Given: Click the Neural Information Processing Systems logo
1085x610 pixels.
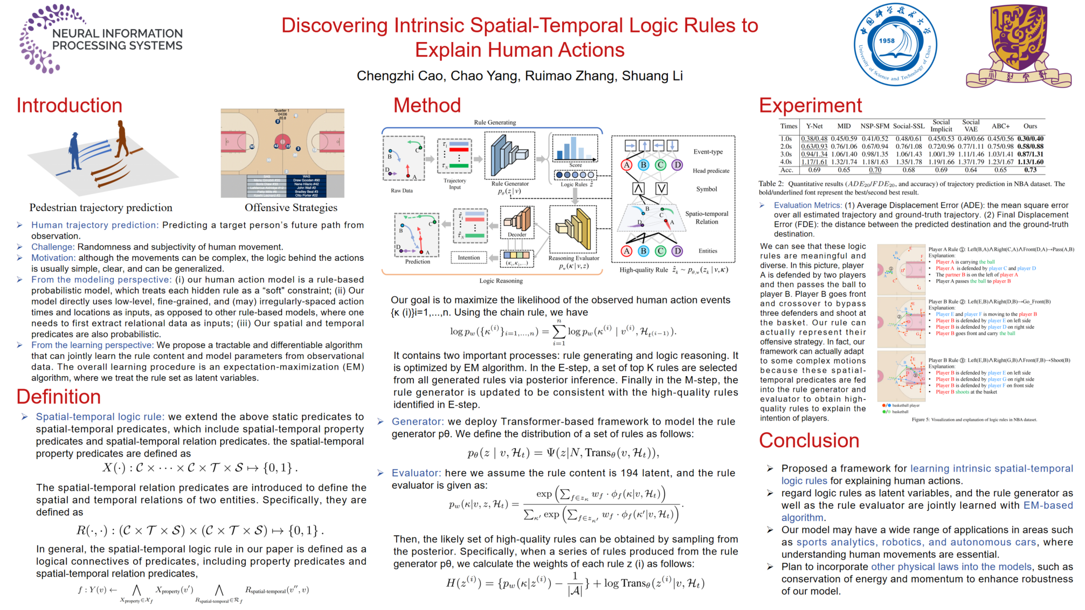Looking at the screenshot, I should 101,39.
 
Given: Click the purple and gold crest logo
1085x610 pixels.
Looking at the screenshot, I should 1018,46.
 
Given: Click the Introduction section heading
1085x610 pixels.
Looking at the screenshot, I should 70,106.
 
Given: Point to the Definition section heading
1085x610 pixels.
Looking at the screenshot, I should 59,397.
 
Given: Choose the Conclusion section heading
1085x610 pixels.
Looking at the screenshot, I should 809,441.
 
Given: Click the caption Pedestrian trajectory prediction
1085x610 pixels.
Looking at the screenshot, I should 101,208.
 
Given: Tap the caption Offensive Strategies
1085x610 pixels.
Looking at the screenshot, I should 291,208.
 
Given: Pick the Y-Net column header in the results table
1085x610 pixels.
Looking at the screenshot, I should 814,126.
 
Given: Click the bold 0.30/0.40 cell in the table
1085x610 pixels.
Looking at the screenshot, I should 1030,138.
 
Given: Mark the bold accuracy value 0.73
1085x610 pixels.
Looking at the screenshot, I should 1030,170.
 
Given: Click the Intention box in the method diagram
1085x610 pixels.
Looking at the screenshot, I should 468,258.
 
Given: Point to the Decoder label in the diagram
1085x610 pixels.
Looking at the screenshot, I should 517,234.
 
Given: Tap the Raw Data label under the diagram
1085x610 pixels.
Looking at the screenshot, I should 402,191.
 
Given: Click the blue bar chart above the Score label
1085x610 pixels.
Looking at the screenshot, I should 575,148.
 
